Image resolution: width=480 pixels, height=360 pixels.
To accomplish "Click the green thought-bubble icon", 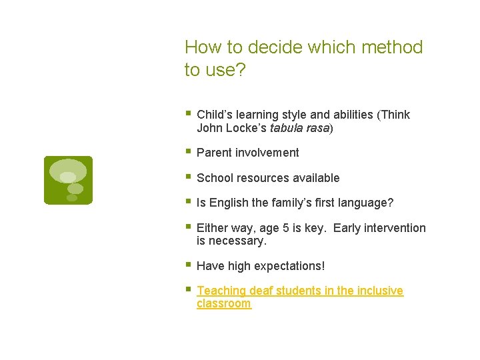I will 68,180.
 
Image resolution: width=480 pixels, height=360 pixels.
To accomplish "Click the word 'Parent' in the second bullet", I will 213,153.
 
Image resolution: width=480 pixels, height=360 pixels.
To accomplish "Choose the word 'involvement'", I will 266,153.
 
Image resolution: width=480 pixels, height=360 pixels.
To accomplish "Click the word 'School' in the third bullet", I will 214,178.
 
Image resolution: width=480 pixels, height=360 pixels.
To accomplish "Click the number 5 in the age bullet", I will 285,228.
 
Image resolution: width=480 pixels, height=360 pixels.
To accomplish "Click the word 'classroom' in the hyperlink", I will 224,303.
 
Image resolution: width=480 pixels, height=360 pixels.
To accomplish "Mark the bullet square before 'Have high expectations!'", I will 189,265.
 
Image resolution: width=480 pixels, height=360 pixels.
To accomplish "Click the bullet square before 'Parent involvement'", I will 189,151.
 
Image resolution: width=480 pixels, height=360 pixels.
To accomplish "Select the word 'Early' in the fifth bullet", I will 347,228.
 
